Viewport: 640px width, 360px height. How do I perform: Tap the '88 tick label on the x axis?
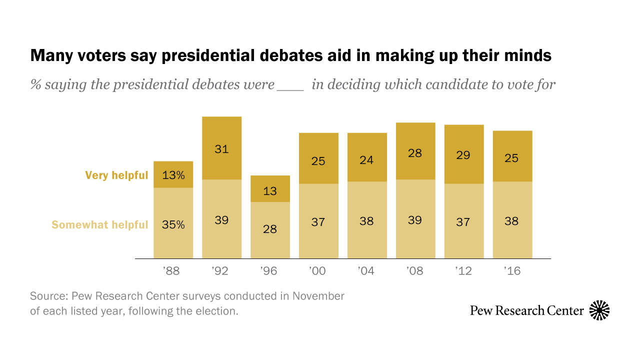click(171, 271)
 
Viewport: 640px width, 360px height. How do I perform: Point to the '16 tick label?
click(512, 271)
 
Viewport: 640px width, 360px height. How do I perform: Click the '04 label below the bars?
click(367, 271)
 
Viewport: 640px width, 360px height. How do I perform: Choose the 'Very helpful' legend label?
click(116, 175)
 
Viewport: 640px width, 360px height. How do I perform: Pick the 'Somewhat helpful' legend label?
click(100, 225)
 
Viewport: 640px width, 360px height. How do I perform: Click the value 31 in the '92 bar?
click(221, 148)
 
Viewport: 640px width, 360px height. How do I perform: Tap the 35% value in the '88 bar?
click(173, 224)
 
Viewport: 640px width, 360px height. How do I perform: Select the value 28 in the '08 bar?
click(415, 153)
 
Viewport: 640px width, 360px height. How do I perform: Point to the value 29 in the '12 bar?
click(463, 155)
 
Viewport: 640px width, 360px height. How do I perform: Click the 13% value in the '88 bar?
click(173, 175)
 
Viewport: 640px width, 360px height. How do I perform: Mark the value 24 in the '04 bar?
click(366, 160)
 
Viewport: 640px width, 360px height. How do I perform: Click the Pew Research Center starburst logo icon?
click(599, 310)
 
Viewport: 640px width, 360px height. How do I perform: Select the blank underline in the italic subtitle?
click(290, 85)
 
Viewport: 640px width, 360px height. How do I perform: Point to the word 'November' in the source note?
click(318, 296)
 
